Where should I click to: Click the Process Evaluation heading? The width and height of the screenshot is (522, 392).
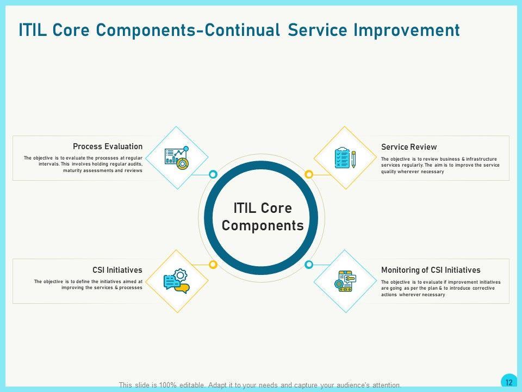coord(108,146)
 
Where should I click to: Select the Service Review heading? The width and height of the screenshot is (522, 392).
coord(409,147)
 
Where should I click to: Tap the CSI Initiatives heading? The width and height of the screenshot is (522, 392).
coord(117,270)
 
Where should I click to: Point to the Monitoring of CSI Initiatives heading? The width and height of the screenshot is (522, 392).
coord(431,270)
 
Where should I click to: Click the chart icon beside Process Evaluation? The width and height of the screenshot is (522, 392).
coord(177,158)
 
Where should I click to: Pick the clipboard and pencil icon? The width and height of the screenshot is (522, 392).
coord(345,158)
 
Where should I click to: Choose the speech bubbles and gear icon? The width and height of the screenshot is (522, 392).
coord(176,281)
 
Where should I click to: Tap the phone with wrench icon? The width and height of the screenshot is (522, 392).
coord(345,281)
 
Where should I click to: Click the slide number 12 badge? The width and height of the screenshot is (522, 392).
coord(509,382)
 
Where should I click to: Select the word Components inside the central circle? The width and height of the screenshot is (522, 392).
coord(263,225)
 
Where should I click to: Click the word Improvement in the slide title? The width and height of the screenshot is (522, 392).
coord(407,30)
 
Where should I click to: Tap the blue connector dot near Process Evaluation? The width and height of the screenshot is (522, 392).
coord(213,174)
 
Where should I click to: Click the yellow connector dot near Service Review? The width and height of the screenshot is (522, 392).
coord(309,174)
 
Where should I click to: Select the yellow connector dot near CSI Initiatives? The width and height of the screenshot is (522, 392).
coord(213,265)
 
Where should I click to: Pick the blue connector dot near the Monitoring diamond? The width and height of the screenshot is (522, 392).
coord(309,265)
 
